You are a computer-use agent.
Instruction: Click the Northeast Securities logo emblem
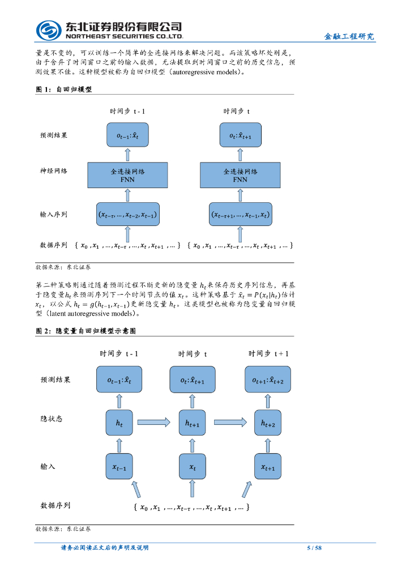click(49, 30)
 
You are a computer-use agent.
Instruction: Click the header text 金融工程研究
click(349, 36)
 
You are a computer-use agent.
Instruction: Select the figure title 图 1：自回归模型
click(64, 89)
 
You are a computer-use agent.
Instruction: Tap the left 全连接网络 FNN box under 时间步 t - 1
click(127, 175)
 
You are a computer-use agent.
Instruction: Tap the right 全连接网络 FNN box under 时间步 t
click(240, 175)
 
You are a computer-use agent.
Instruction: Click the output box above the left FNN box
click(127, 136)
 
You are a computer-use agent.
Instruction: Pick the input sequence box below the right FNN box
click(240, 215)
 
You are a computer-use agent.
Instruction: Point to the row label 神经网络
click(54, 170)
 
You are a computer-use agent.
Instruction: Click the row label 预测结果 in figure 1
click(54, 136)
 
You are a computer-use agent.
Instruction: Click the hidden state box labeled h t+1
click(192, 423)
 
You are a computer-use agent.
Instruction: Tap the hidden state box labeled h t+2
click(268, 423)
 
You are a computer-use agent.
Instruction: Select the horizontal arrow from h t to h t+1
click(153, 421)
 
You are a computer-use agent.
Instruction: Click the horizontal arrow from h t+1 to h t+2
click(230, 421)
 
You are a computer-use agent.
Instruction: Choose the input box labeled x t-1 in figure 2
click(119, 467)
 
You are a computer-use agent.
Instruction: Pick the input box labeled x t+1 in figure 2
click(268, 467)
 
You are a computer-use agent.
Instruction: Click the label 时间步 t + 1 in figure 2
click(268, 353)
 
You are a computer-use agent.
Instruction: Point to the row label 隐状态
click(52, 419)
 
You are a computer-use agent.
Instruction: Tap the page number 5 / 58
click(314, 548)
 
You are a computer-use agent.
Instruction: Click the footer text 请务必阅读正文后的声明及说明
click(105, 548)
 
